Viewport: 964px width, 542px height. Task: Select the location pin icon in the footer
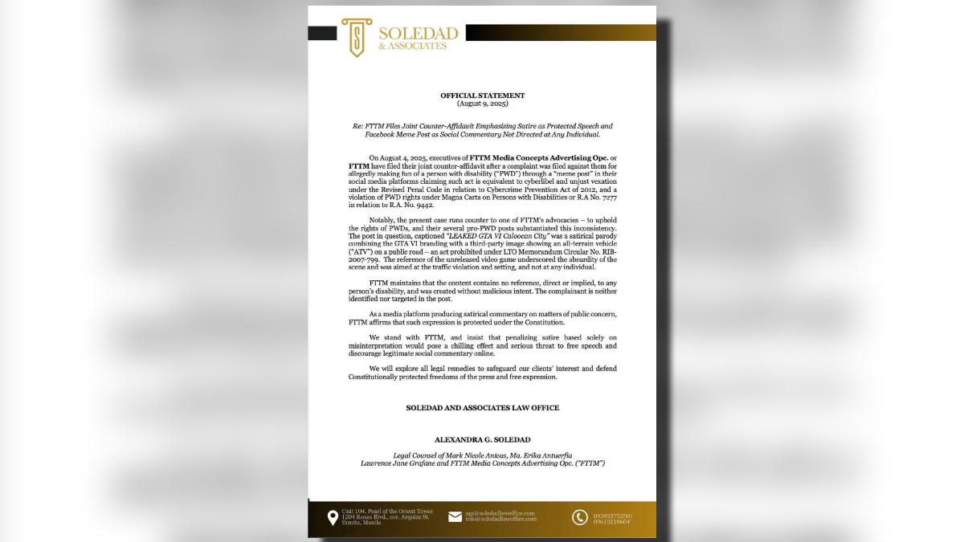333,517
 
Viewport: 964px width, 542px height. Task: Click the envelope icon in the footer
455,517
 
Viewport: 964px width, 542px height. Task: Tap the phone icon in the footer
579,517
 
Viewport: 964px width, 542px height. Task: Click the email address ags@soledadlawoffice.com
500,513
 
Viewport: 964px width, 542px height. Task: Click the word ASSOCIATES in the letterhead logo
412,46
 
